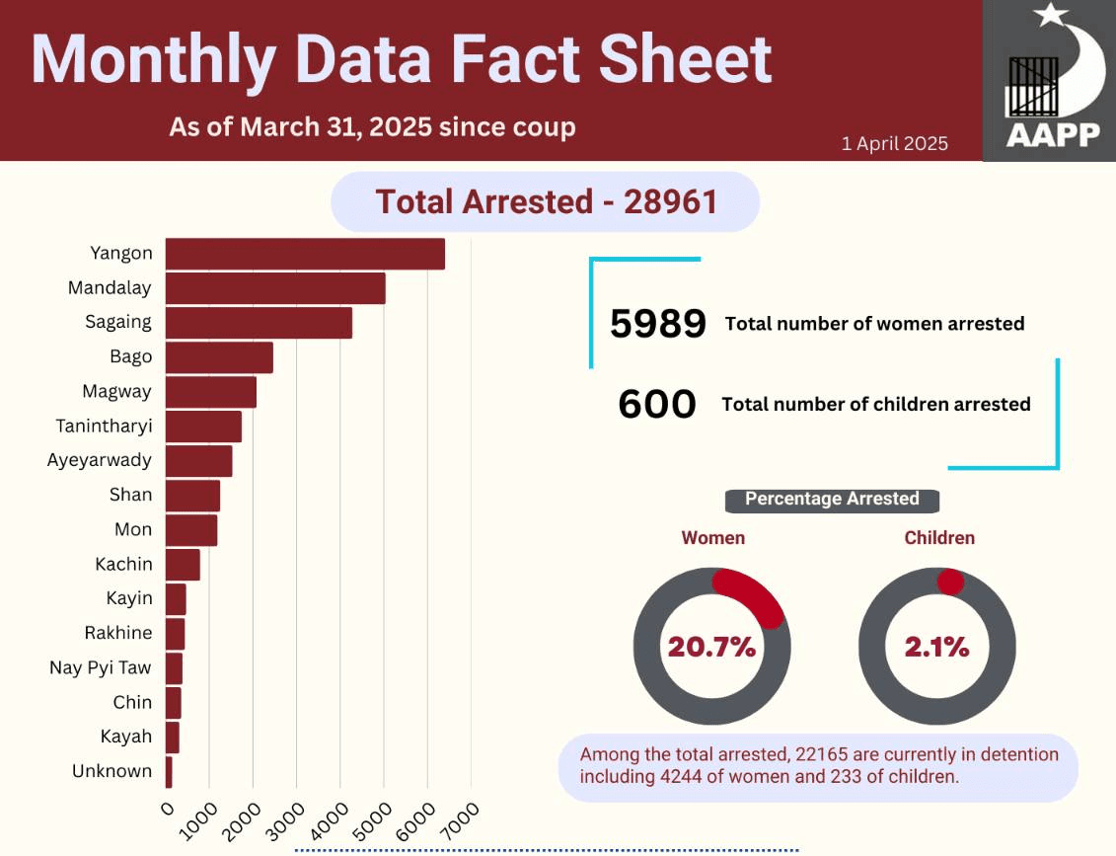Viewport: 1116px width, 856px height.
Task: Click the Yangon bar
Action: click(305, 254)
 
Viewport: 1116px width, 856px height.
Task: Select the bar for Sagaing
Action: click(260, 323)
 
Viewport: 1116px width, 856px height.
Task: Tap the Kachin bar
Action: click(183, 565)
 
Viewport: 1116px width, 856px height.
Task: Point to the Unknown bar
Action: click(169, 772)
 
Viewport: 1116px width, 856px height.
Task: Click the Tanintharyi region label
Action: click(104, 426)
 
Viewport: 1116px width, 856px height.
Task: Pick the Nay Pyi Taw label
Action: click(101, 668)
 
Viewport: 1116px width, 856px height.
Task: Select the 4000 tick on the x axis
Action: click(331, 821)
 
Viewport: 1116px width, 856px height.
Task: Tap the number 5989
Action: click(657, 323)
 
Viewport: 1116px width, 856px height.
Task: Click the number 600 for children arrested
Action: click(657, 404)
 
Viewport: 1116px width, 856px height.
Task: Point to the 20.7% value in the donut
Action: click(711, 647)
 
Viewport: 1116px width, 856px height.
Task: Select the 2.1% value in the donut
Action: click(936, 647)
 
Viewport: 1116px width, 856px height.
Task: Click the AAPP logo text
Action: click(1054, 134)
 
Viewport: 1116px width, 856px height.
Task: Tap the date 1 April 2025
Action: click(895, 144)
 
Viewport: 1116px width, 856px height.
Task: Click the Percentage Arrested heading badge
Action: click(832, 500)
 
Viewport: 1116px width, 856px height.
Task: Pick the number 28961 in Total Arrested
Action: click(670, 202)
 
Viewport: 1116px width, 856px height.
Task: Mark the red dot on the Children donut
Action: click(950, 582)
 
